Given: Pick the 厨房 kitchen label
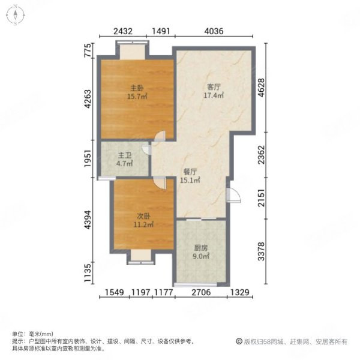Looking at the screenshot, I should pyautogui.click(x=201, y=248).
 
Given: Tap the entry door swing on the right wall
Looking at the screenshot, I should pyautogui.click(x=233, y=196).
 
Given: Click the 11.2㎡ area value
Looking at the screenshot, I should pyautogui.click(x=142, y=226).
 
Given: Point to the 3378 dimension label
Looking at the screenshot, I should pyautogui.click(x=260, y=248).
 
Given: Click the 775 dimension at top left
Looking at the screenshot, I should pyautogui.click(x=88, y=52).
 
